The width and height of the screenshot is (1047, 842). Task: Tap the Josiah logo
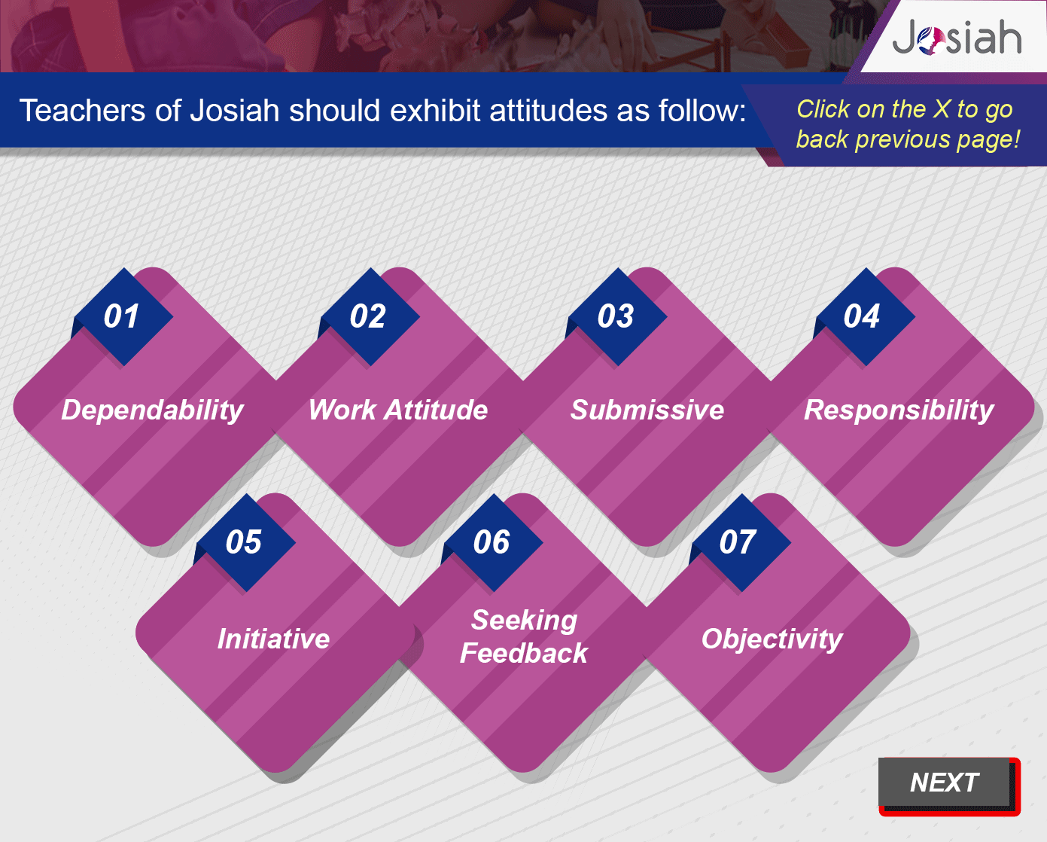point(957,37)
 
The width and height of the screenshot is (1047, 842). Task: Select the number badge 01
point(122,316)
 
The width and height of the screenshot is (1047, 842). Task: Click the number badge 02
point(369,316)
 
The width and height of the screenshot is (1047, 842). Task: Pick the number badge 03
point(616,316)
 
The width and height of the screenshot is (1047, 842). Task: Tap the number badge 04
point(865,316)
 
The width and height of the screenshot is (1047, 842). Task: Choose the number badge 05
point(245,542)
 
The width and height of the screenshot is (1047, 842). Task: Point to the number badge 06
point(492,542)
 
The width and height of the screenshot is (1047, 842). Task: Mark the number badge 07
point(740,542)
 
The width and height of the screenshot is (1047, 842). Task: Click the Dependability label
point(152,410)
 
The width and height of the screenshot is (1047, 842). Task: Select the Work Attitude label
point(398,410)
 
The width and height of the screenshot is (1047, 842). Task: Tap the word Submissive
point(647,410)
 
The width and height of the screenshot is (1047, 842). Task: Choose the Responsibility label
point(899,410)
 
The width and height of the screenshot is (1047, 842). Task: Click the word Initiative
point(273,639)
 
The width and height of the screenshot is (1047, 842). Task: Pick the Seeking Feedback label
point(524,636)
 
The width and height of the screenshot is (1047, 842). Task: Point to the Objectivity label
point(772,639)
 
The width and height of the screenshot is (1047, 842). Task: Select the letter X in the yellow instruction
point(942,109)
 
